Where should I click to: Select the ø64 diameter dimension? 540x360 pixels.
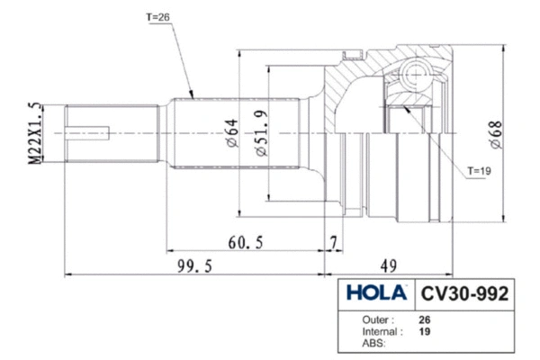tap(232, 133)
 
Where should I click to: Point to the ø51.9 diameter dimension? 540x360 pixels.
tap(259, 134)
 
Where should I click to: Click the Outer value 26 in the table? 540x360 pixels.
tap(425, 319)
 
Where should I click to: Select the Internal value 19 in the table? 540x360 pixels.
tap(425, 330)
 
